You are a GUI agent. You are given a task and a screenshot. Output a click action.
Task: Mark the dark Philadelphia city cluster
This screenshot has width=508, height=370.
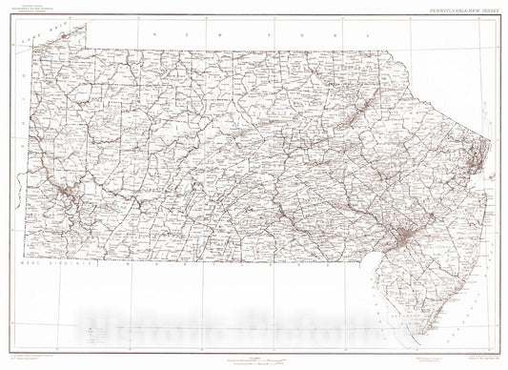405,234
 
